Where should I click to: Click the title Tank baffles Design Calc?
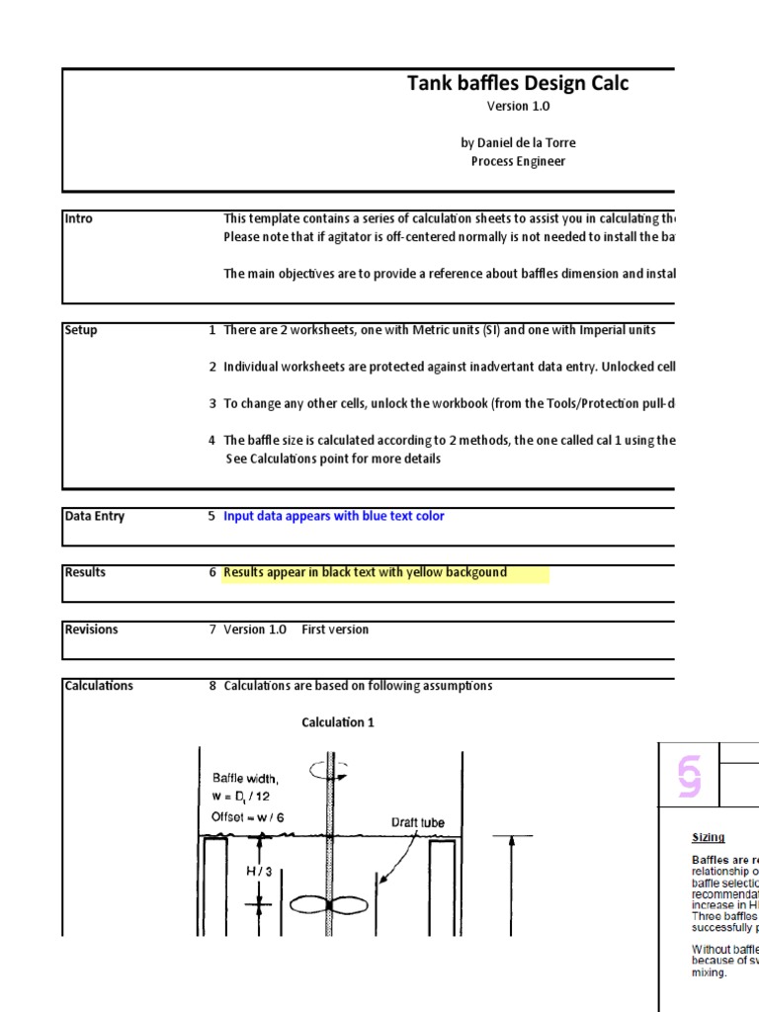click(518, 84)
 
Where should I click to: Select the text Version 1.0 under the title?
click(518, 107)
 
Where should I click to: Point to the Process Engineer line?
click(518, 162)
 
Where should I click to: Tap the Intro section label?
click(78, 218)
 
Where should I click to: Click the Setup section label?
click(81, 330)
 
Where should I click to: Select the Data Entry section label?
click(95, 516)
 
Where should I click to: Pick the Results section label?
click(85, 572)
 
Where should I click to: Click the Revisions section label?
click(91, 630)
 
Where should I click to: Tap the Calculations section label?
click(99, 686)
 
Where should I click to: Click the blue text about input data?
click(334, 516)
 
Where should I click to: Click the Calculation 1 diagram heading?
click(338, 722)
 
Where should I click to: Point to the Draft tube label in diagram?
click(418, 822)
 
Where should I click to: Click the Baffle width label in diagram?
click(245, 779)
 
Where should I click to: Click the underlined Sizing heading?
click(708, 837)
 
